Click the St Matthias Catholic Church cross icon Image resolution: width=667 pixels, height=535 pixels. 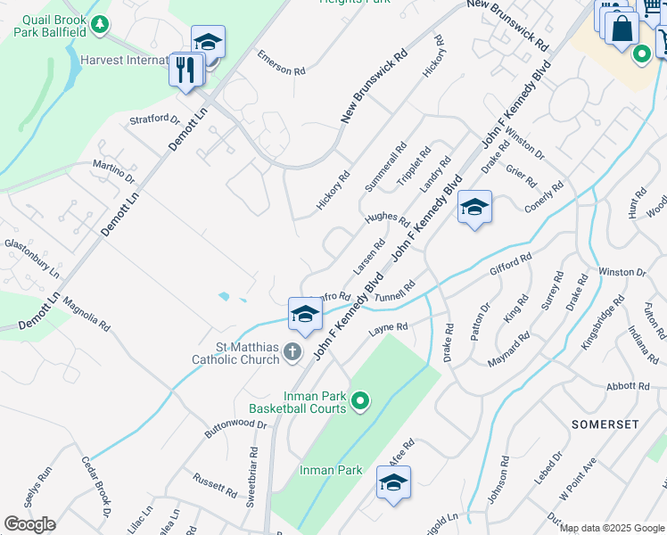point(292,354)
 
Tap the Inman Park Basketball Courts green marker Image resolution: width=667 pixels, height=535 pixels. point(360,402)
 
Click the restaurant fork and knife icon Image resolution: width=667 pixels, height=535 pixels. point(185,70)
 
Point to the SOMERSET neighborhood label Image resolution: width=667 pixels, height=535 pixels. point(605,424)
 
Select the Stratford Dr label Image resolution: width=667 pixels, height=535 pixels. point(154,120)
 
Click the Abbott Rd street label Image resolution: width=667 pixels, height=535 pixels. point(629,386)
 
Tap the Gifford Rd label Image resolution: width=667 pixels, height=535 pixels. point(510,263)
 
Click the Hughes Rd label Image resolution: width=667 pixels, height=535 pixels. point(386,219)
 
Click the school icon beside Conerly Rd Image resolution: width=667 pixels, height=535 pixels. point(474,209)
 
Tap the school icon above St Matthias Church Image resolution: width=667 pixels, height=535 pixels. point(304,314)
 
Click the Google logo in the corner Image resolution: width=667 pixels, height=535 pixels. point(29,524)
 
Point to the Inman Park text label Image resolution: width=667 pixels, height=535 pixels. point(330,470)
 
